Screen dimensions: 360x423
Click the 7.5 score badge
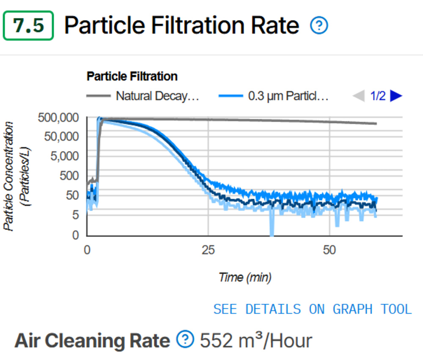tap(28, 26)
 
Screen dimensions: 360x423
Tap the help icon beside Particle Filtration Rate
tap(319, 26)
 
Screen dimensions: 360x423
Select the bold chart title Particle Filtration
tap(132, 77)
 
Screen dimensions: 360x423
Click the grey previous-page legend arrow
tap(358, 96)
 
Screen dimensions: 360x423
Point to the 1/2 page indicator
tap(378, 96)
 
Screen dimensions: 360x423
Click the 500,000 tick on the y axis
tap(58, 118)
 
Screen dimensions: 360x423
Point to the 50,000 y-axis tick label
tap(61, 137)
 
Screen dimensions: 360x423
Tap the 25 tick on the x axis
tap(208, 250)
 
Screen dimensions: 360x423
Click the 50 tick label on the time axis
tap(330, 250)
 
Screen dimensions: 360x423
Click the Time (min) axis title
tap(245, 278)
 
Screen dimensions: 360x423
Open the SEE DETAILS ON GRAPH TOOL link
tap(312, 309)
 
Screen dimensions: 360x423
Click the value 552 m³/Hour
tap(256, 340)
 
